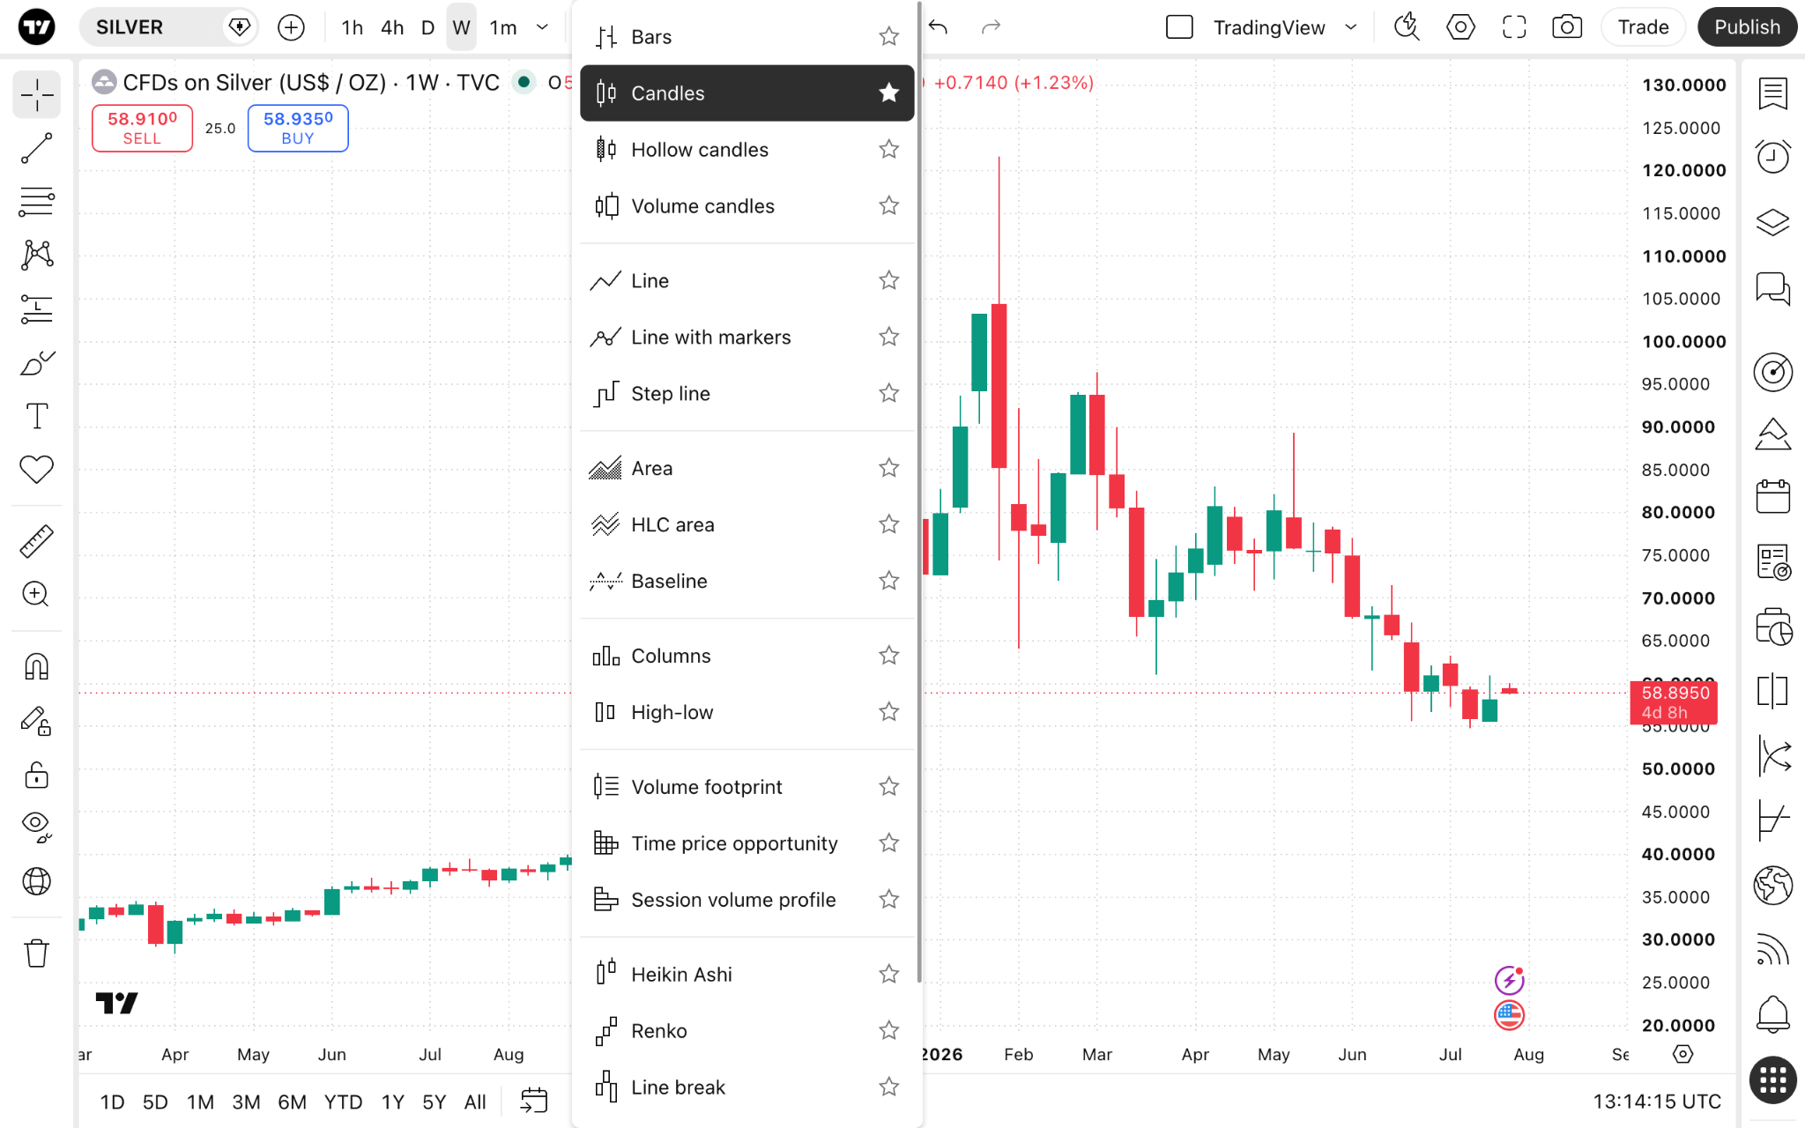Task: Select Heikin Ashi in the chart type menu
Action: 681,974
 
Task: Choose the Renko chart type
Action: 658,1030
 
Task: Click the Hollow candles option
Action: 699,150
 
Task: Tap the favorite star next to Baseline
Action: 888,581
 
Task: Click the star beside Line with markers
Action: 888,337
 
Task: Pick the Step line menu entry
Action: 670,393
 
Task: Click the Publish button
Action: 1747,27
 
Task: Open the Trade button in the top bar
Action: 1643,27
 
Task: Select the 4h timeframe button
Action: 392,27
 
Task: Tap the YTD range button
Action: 343,1102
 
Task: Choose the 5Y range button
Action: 434,1102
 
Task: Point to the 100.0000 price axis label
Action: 1683,342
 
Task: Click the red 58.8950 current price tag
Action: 1674,701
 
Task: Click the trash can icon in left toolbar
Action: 36,953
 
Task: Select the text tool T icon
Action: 36,416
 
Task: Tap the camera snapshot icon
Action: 1566,27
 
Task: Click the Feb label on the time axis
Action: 1018,1054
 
